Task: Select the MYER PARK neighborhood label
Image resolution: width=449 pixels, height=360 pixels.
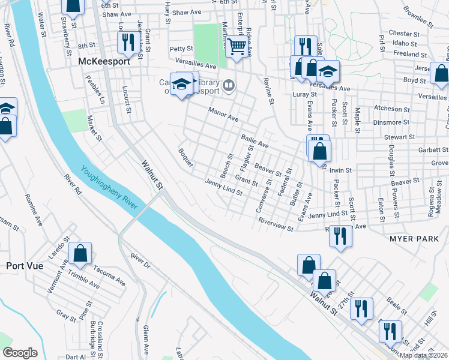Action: click(x=414, y=239)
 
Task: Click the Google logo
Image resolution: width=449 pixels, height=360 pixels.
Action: click(x=20, y=352)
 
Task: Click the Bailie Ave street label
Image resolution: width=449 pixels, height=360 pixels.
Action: click(x=255, y=142)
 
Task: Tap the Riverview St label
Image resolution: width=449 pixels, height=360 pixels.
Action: click(x=276, y=224)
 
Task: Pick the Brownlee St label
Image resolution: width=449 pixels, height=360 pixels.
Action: click(x=418, y=17)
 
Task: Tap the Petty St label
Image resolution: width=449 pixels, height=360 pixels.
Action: click(x=181, y=49)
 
